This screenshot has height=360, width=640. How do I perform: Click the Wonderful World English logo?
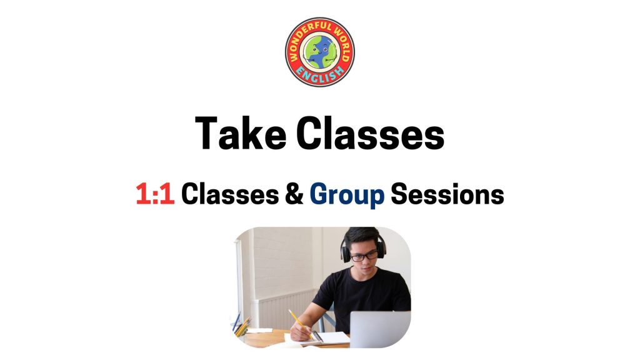[x=319, y=52]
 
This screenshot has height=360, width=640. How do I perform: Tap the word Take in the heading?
[x=241, y=134]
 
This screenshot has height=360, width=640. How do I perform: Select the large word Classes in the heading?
[x=370, y=134]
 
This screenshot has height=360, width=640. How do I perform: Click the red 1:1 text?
[x=155, y=194]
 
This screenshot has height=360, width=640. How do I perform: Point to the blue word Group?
[x=347, y=196]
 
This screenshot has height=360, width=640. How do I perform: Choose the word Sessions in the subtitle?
[x=447, y=194]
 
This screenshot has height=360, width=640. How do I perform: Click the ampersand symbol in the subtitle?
[x=294, y=194]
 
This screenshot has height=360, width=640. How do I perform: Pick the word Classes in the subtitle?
[x=230, y=194]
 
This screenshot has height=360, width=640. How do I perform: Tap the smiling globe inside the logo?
[x=320, y=52]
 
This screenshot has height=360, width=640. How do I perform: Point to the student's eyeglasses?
[x=364, y=256]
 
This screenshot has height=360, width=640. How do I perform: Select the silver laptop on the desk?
[x=380, y=329]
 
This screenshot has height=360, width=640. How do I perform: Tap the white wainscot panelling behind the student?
[x=286, y=309]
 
